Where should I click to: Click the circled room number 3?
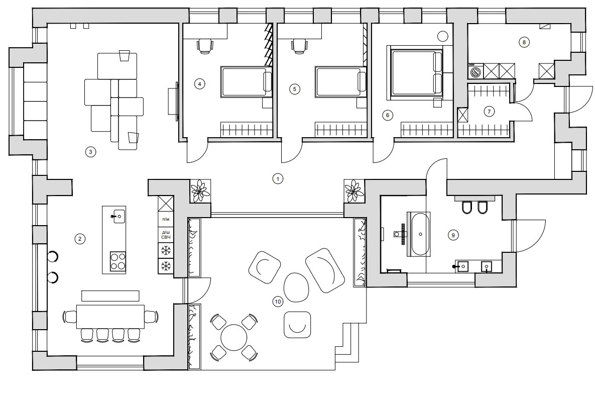(90, 152)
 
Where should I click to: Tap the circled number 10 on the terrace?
(278, 302)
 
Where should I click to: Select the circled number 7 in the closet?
(489, 112)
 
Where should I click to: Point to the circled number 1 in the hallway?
(278, 178)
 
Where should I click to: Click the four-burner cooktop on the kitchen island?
(118, 261)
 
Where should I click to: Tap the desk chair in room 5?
(299, 45)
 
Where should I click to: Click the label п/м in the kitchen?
(166, 219)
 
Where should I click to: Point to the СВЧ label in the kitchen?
(166, 237)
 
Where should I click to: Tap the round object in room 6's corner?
(443, 36)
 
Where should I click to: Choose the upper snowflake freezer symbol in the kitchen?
(166, 250)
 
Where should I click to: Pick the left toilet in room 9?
(466, 207)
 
